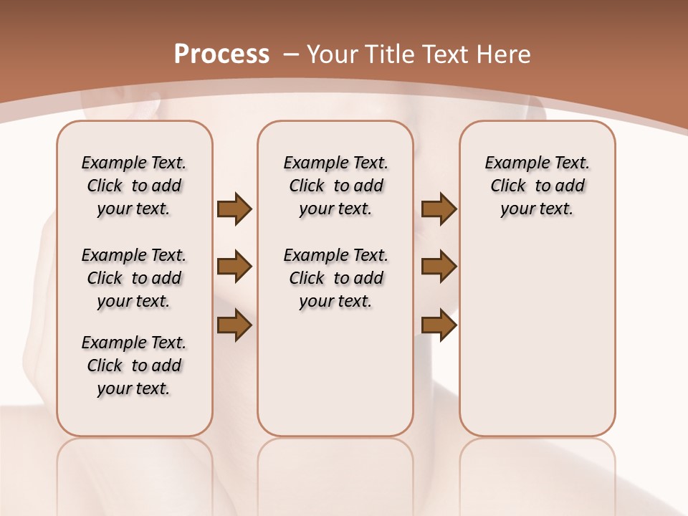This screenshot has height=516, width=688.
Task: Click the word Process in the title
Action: tap(221, 54)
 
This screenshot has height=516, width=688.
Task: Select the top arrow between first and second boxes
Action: tap(234, 209)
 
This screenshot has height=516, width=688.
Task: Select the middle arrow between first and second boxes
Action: tap(234, 267)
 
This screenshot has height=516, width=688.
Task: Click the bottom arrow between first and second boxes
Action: tap(234, 325)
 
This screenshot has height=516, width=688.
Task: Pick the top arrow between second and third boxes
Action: tap(439, 209)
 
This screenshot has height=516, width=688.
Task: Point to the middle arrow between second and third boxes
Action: tap(439, 267)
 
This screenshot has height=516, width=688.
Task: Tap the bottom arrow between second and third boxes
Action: tap(439, 325)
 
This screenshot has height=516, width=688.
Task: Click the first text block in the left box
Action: tap(134, 186)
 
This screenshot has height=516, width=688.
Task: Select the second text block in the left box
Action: tap(134, 278)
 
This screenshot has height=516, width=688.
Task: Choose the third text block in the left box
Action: tap(134, 365)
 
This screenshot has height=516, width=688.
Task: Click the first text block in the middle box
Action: tap(336, 186)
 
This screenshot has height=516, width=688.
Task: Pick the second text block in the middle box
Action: tap(336, 278)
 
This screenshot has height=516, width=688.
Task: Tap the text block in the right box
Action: tap(537, 186)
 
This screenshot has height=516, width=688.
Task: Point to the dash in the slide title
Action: tap(291, 54)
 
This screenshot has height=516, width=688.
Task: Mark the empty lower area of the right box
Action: tap(537, 337)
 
